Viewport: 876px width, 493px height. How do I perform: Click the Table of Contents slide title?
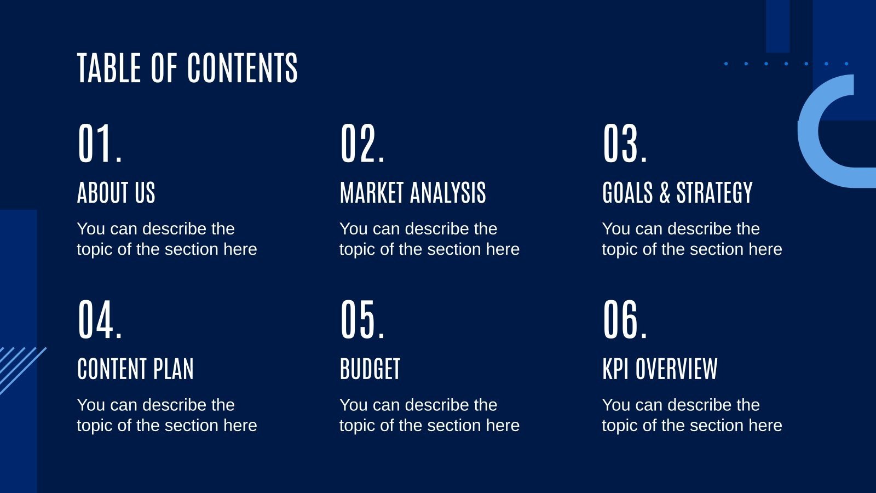(187, 68)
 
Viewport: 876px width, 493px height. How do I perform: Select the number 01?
(99, 144)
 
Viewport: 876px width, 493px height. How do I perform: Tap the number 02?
(362, 144)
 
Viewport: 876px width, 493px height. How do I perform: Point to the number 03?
(625, 144)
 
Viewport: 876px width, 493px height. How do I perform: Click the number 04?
(99, 320)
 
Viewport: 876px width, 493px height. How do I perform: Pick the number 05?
(362, 320)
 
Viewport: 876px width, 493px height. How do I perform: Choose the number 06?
(625, 320)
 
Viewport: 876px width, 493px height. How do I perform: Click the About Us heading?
(116, 193)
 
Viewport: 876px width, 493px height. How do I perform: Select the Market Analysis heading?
(413, 193)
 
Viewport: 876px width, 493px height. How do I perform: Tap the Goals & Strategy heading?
(677, 193)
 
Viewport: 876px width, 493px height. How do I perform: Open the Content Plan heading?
(136, 369)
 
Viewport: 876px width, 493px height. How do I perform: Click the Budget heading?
(370, 369)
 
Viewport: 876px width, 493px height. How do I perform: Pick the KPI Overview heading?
(660, 369)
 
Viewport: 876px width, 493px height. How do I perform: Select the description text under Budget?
(429, 415)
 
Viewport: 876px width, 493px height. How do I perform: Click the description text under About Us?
(166, 238)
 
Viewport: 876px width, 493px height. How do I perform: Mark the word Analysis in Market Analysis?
(448, 193)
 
